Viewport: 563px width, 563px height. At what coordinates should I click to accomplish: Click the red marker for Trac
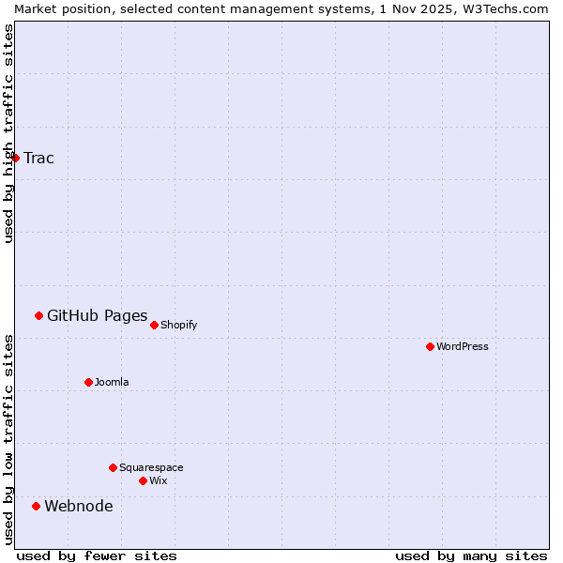tap(15, 158)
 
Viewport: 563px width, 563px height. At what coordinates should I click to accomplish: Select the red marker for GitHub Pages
tap(38, 315)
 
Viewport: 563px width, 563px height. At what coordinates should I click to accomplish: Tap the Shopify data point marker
tap(154, 325)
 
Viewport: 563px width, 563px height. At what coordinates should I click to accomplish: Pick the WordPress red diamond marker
tap(430, 346)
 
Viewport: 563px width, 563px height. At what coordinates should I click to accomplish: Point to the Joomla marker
tap(88, 382)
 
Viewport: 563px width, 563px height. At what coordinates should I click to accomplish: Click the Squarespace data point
tap(113, 467)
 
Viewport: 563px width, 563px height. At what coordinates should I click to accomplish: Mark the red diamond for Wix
tap(143, 480)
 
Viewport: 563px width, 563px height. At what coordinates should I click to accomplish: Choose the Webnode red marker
tap(36, 506)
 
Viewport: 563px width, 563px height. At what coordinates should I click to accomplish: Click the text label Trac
tap(38, 158)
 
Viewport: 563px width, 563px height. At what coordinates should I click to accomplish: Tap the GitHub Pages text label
tap(97, 315)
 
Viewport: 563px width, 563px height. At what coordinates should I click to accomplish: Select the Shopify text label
tap(178, 326)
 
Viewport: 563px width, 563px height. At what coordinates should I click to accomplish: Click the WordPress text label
tap(462, 347)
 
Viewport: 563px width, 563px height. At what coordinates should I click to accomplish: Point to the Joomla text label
tap(112, 383)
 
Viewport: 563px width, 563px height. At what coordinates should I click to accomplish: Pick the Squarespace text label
tap(151, 468)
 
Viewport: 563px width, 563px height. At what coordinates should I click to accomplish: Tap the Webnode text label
tap(79, 507)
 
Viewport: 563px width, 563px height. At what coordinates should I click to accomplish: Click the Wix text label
tap(158, 481)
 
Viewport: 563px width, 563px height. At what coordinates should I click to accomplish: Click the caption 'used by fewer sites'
tap(97, 556)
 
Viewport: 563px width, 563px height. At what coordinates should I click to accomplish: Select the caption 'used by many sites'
tap(471, 556)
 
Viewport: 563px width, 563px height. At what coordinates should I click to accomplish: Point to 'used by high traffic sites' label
tap(8, 133)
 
